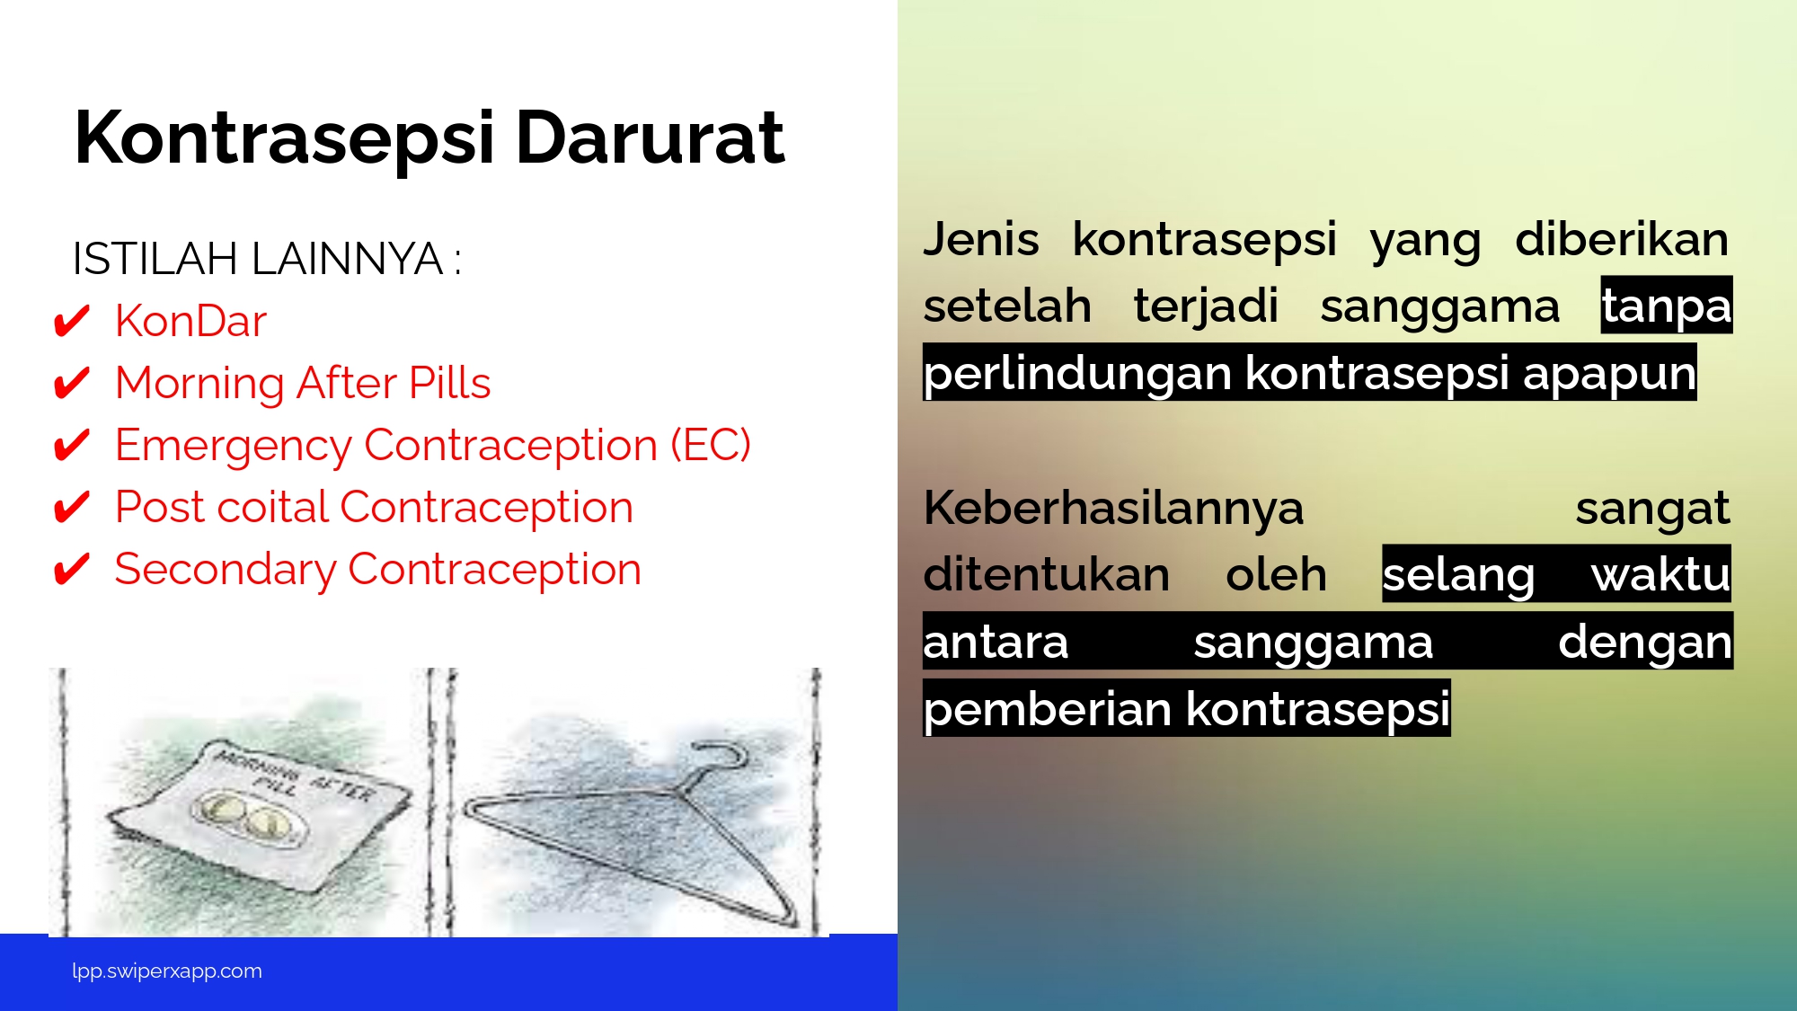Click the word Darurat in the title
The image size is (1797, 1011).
coord(651,137)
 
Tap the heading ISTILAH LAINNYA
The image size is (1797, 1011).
coord(258,259)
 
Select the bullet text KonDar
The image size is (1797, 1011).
coord(190,321)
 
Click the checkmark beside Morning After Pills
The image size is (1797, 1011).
coord(72,383)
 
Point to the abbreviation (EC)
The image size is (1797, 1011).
coord(711,445)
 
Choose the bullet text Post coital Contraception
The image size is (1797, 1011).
coord(374,507)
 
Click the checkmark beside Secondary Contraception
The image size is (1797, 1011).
coord(72,569)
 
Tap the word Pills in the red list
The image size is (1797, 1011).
coord(449,383)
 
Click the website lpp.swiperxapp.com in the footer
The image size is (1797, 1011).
coord(167,971)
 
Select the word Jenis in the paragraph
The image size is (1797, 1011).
coord(981,239)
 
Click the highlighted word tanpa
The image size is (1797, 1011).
coord(1667,306)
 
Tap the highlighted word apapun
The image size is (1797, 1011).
coord(1609,372)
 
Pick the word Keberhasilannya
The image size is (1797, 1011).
coord(1113,508)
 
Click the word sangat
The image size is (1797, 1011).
coord(1652,509)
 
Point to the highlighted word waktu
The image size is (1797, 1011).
coord(1660,574)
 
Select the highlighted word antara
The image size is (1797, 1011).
coord(996,642)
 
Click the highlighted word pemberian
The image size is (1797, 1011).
coord(1048,709)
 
